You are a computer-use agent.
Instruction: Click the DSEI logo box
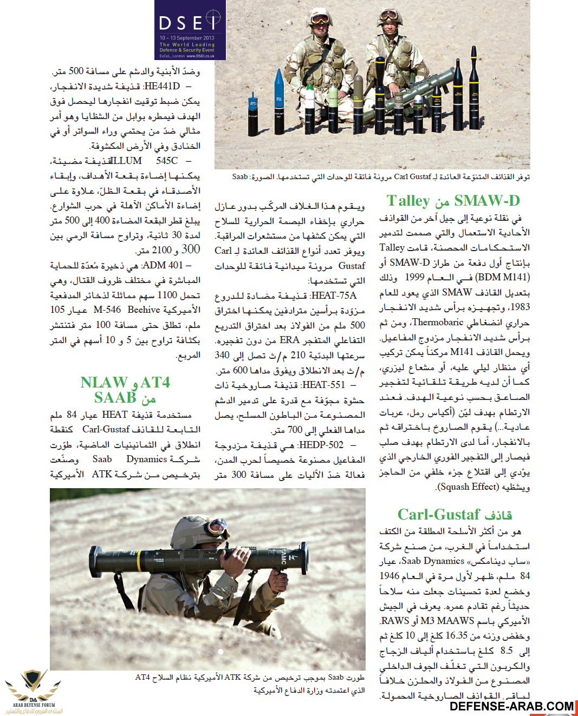pos(190,30)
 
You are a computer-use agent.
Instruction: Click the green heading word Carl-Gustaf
pos(439,514)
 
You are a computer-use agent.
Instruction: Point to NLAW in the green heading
pos(104,383)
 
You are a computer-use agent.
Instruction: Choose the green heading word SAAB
pos(115,398)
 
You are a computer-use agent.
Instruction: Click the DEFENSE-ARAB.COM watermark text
pos(511,706)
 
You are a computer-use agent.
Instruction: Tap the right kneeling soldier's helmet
pos(391,14)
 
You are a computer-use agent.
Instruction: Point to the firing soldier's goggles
pos(218,524)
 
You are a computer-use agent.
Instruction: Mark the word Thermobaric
pos(438,322)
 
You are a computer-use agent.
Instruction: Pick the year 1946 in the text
pos(389,576)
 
